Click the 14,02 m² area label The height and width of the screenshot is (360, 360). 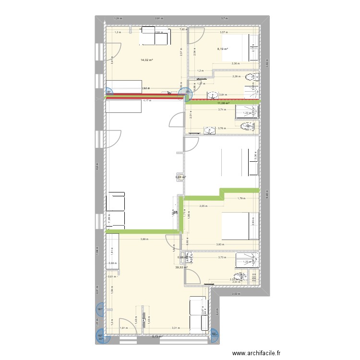pos(146,60)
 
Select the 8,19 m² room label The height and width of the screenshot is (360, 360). pos(222,48)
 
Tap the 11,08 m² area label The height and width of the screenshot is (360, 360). pos(223,103)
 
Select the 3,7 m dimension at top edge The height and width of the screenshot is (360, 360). pos(224,19)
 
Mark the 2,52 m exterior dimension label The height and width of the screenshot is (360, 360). pos(235,294)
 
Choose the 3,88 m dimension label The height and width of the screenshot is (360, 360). pos(144,240)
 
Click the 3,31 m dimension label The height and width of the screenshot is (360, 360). pos(175,328)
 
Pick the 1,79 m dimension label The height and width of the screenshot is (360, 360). pos(241,198)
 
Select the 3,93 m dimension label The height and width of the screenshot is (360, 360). pos(220,245)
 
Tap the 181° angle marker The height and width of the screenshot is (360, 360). pos(100,310)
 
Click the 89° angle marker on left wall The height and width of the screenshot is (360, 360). pos(108,92)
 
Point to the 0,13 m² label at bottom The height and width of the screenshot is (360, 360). pos(157,337)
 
